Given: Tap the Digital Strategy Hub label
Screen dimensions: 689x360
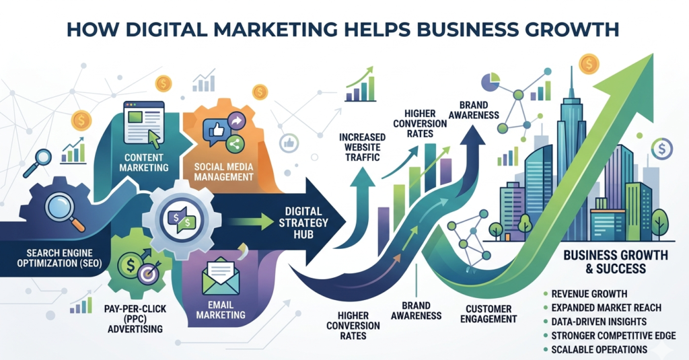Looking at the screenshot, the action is click(x=303, y=223).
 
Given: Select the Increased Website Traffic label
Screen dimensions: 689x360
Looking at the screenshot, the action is click(x=362, y=147).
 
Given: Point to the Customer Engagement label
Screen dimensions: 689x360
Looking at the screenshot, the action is click(x=488, y=314).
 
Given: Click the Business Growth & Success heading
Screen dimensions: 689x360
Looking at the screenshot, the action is click(x=616, y=262).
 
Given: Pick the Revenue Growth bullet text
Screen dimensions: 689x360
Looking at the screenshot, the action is click(x=589, y=293).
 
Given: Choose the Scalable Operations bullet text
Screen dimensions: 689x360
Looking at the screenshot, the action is click(x=600, y=349).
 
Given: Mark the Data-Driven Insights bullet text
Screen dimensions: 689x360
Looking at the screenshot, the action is click(x=599, y=322).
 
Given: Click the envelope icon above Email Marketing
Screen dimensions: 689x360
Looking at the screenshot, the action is click(x=220, y=276).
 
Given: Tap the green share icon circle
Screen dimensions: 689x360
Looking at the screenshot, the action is click(x=234, y=143).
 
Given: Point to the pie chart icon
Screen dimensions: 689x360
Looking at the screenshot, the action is click(x=491, y=82).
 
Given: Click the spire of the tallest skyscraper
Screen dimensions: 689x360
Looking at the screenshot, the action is click(x=571, y=82).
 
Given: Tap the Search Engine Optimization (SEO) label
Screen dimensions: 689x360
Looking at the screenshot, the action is click(x=59, y=258).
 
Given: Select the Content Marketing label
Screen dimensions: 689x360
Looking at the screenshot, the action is click(x=144, y=162).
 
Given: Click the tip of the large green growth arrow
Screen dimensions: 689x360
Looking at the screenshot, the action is click(x=653, y=55).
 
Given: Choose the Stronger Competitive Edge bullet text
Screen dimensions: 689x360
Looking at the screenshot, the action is click(x=614, y=335).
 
